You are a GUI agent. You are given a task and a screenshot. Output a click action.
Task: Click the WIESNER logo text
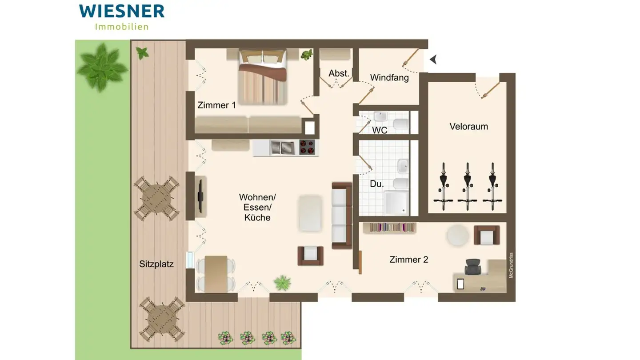[122, 11]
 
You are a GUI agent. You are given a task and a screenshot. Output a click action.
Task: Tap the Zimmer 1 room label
[216, 105]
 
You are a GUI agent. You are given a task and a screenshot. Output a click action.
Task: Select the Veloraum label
[468, 126]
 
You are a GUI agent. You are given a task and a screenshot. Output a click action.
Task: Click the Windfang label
[389, 78]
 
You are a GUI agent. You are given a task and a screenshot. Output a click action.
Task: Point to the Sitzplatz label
[156, 264]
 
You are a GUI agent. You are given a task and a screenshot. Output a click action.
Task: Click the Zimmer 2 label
[408, 260]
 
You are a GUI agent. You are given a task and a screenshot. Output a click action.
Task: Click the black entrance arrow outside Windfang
[433, 59]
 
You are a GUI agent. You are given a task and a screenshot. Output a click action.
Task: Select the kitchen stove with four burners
[307, 147]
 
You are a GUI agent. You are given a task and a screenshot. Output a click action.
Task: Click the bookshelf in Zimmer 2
[390, 228]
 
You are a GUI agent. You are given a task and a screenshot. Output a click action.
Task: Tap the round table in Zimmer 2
[458, 235]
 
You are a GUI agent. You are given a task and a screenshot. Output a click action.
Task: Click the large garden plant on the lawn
[101, 67]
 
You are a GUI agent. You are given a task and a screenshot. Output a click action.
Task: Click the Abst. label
[339, 73]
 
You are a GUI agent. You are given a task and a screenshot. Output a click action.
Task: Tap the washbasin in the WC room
[380, 118]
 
